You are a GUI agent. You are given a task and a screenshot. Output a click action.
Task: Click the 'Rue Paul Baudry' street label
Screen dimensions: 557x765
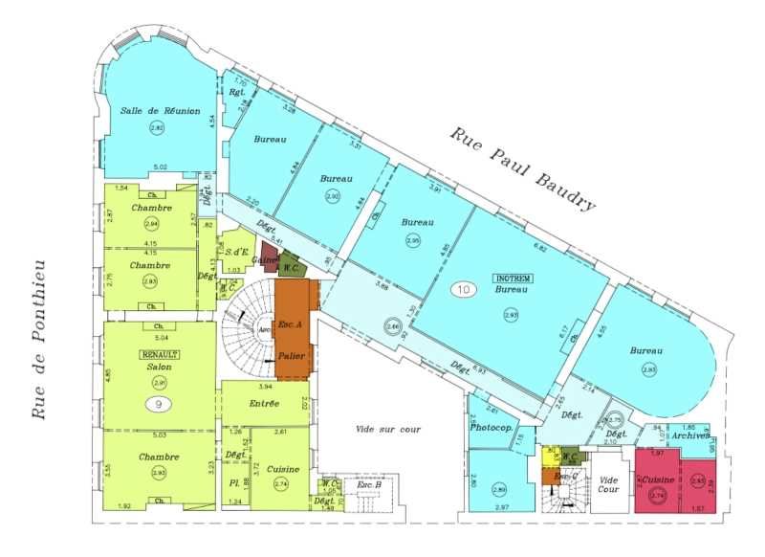coord(523,167)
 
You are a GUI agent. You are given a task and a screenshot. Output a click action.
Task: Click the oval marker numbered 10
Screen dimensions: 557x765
coord(465,288)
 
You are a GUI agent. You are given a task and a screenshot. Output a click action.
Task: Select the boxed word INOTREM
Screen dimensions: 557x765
coord(513,278)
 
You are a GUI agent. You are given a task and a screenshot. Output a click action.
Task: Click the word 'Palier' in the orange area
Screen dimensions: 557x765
coord(292,356)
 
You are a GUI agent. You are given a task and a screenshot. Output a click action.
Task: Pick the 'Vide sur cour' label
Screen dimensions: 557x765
coord(387,430)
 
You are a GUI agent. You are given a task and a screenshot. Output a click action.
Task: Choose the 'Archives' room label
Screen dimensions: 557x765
coord(689,436)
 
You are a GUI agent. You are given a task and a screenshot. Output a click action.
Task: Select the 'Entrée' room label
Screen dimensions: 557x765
coord(264,404)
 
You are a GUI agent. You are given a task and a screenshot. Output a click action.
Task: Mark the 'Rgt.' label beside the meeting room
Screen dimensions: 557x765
coord(236,93)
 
